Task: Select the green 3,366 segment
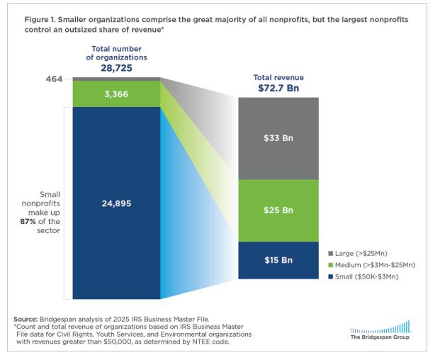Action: pyautogui.click(x=116, y=92)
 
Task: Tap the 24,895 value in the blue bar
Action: pyautogui.click(x=116, y=203)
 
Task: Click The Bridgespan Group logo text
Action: pyautogui.click(x=381, y=337)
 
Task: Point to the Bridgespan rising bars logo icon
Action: pyautogui.click(x=381, y=327)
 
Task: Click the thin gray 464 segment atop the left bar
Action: pyautogui.click(x=116, y=78)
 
